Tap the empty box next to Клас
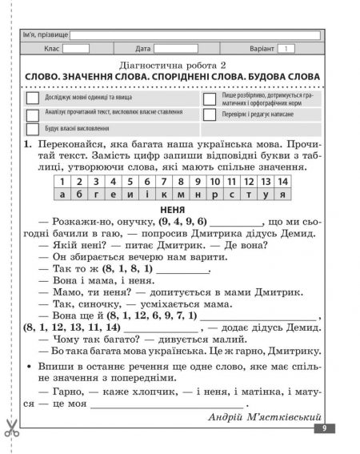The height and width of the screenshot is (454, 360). click(76, 49)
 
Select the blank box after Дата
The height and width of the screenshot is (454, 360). click(175, 49)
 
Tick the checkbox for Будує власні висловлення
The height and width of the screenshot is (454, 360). click(33, 128)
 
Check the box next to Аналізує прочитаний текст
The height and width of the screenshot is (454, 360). click(33, 113)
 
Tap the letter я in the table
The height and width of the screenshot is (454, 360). click(283, 194)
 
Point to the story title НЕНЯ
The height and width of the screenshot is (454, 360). click(174, 208)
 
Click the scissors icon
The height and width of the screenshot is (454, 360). click(11, 427)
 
